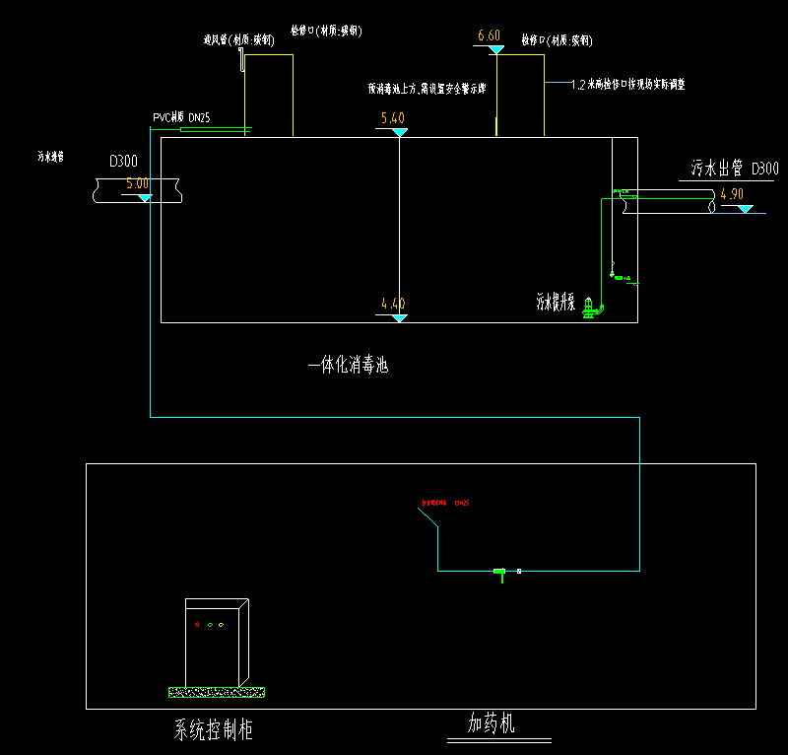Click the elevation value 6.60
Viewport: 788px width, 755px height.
[490, 36]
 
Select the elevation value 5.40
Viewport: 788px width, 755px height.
[393, 119]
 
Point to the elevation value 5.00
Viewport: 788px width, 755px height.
[138, 183]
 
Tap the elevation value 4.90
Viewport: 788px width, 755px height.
[732, 194]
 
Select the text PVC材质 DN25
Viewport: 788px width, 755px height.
[182, 118]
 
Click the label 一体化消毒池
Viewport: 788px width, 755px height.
[349, 366]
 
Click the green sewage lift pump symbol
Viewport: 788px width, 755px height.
[590, 309]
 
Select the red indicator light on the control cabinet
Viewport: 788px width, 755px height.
[196, 624]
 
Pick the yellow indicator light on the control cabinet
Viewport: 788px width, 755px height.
[222, 624]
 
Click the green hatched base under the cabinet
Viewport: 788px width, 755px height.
[217, 692]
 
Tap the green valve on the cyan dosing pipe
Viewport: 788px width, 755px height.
[499, 572]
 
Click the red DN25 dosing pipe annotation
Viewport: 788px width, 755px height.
[445, 503]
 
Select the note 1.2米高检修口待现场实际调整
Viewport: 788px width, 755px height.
[627, 85]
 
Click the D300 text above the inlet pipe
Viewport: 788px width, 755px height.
[124, 161]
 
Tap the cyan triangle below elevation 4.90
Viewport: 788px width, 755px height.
[745, 208]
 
